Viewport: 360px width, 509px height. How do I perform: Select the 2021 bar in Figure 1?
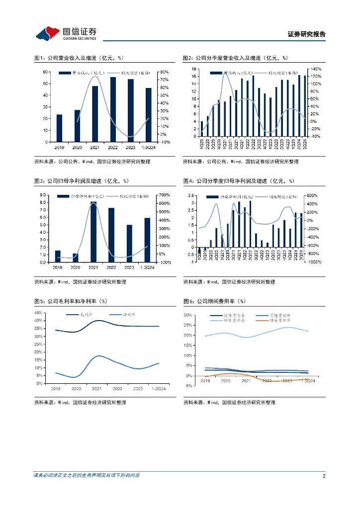[x=95, y=114]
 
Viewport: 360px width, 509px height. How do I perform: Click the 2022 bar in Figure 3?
[x=111, y=235]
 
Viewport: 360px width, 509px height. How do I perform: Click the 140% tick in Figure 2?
[x=317, y=69]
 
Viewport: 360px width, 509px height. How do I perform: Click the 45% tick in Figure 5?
[x=38, y=313]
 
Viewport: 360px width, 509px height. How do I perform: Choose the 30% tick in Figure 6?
[x=188, y=315]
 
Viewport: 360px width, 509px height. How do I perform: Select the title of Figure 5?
[x=71, y=301]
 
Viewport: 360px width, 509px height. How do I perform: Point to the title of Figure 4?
[x=238, y=180]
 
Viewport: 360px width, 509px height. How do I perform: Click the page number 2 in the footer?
[x=324, y=476]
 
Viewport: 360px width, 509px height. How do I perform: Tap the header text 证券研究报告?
[x=307, y=34]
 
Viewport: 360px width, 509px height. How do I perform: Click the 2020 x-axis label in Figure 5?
[x=76, y=389]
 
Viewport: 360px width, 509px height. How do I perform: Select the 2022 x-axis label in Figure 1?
[x=113, y=147]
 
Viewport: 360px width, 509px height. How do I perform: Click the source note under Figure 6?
[x=229, y=403]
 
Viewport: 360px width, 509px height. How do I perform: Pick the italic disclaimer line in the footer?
[x=87, y=476]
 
